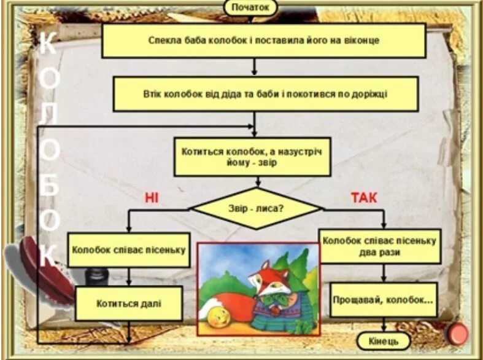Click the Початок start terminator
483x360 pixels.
(250, 7)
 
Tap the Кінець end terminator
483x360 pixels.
(383, 340)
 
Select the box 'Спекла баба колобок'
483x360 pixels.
(263, 41)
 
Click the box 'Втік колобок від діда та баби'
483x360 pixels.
(265, 94)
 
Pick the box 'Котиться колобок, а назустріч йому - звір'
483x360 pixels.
(252, 157)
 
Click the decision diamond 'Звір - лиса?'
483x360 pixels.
(256, 208)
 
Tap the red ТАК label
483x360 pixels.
(364, 197)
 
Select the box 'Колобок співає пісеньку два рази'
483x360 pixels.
(379, 246)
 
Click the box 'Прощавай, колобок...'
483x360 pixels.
(383, 300)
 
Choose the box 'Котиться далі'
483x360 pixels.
(129, 303)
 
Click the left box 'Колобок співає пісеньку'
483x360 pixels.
(128, 250)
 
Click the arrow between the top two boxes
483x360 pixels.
(254, 67)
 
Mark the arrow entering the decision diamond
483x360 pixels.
(258, 182)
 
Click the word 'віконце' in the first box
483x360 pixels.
(361, 41)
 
